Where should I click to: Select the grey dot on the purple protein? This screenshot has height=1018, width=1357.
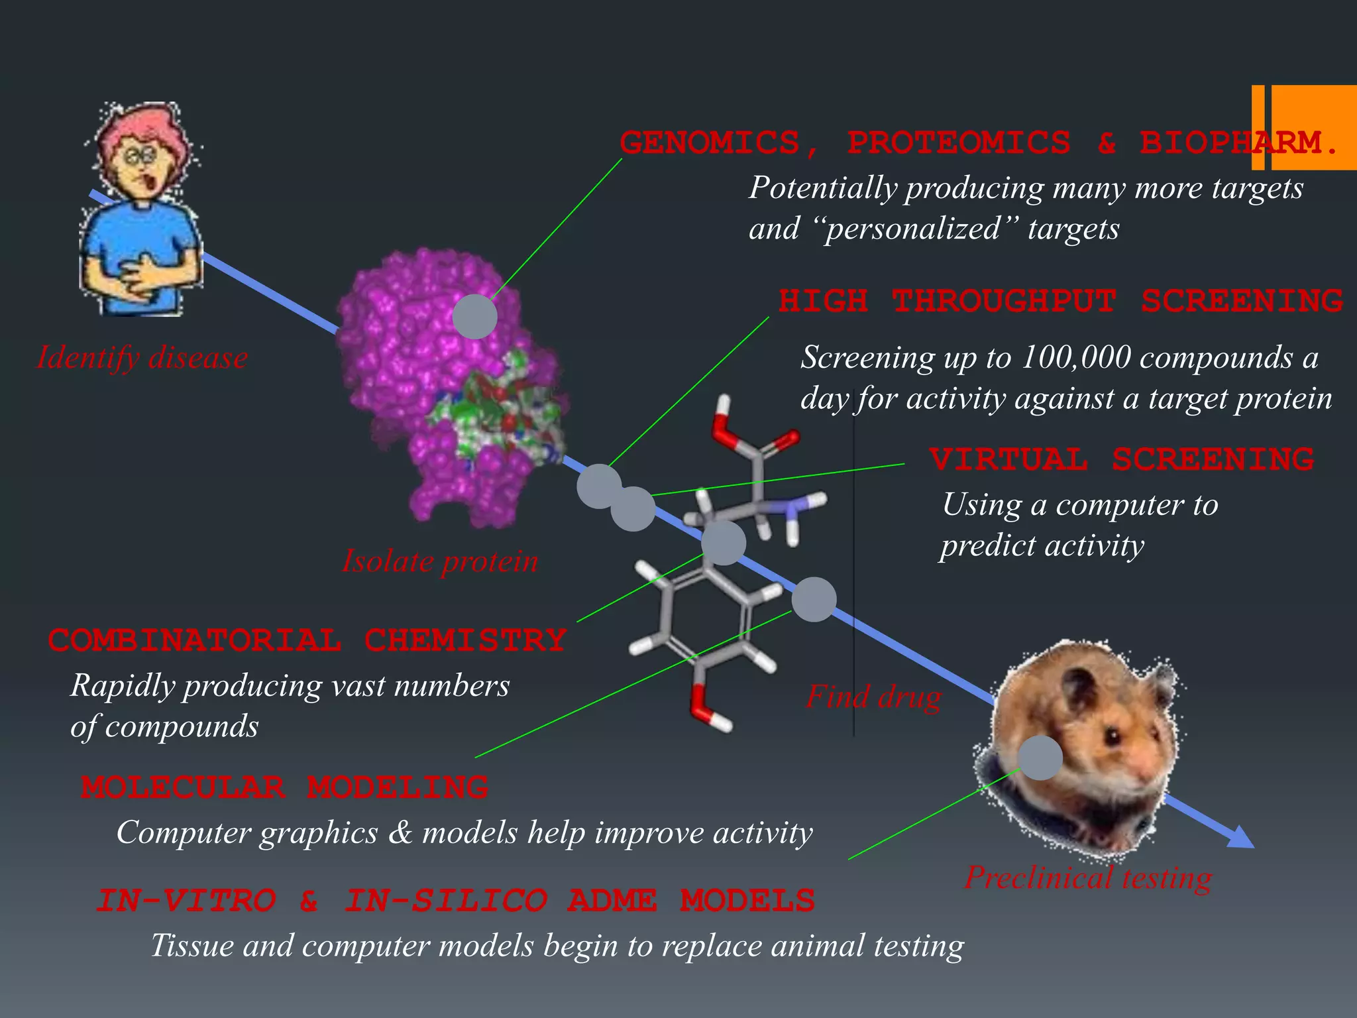click(475, 317)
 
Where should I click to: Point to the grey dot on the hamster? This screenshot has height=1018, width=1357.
click(1040, 758)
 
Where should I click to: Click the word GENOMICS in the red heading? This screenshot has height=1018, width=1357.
click(710, 143)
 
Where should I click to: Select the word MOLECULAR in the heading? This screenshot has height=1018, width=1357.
click(183, 788)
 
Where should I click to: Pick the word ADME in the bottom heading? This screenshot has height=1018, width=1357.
click(613, 901)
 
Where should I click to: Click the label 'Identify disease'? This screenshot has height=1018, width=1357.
click(142, 358)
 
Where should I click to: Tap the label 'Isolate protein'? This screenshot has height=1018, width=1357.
click(440, 561)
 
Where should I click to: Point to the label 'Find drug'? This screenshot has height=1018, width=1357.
click(873, 697)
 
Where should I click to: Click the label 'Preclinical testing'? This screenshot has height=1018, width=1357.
click(1088, 878)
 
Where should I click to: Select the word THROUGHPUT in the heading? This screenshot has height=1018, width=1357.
click(1004, 302)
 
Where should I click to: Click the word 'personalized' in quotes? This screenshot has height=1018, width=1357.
click(912, 229)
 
